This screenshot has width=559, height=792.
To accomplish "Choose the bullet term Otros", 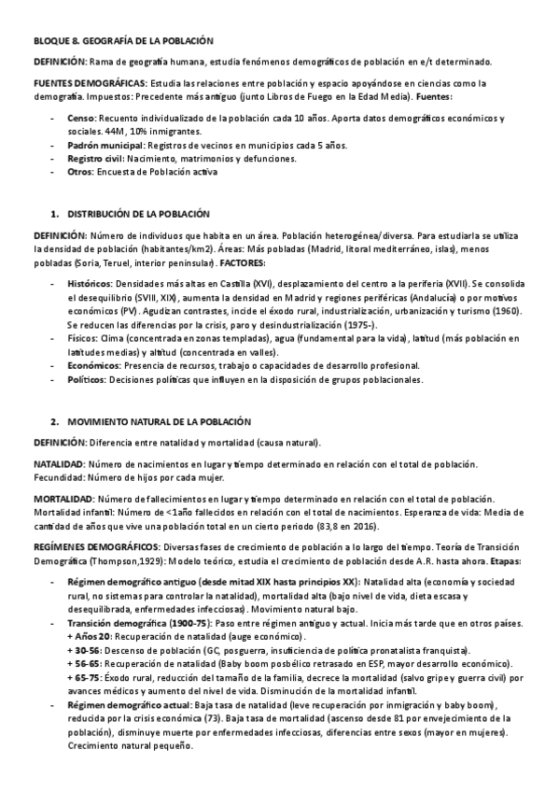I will click(x=80, y=173).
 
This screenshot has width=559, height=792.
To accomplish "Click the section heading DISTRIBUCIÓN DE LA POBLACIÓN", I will click(x=137, y=214).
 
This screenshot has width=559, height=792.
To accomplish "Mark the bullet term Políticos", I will click(x=88, y=380).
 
